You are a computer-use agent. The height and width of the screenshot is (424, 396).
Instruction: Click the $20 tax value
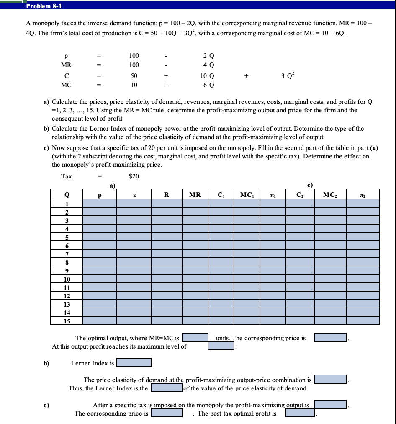134,176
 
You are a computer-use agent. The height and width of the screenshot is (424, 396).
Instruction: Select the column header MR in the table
195,194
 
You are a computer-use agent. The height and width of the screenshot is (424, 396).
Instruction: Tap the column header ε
134,194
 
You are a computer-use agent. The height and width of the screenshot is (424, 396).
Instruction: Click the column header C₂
300,194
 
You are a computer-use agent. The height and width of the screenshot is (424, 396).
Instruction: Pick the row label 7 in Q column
66,254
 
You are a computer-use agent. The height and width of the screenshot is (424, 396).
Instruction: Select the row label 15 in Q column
66,321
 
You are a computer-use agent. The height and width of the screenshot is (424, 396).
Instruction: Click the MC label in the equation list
66,85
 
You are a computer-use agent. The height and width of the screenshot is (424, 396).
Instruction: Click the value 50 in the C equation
134,76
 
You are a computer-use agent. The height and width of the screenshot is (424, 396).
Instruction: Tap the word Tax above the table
67,176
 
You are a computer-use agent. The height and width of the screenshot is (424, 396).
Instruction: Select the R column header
167,194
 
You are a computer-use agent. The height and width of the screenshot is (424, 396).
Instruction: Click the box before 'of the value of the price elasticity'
166,388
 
